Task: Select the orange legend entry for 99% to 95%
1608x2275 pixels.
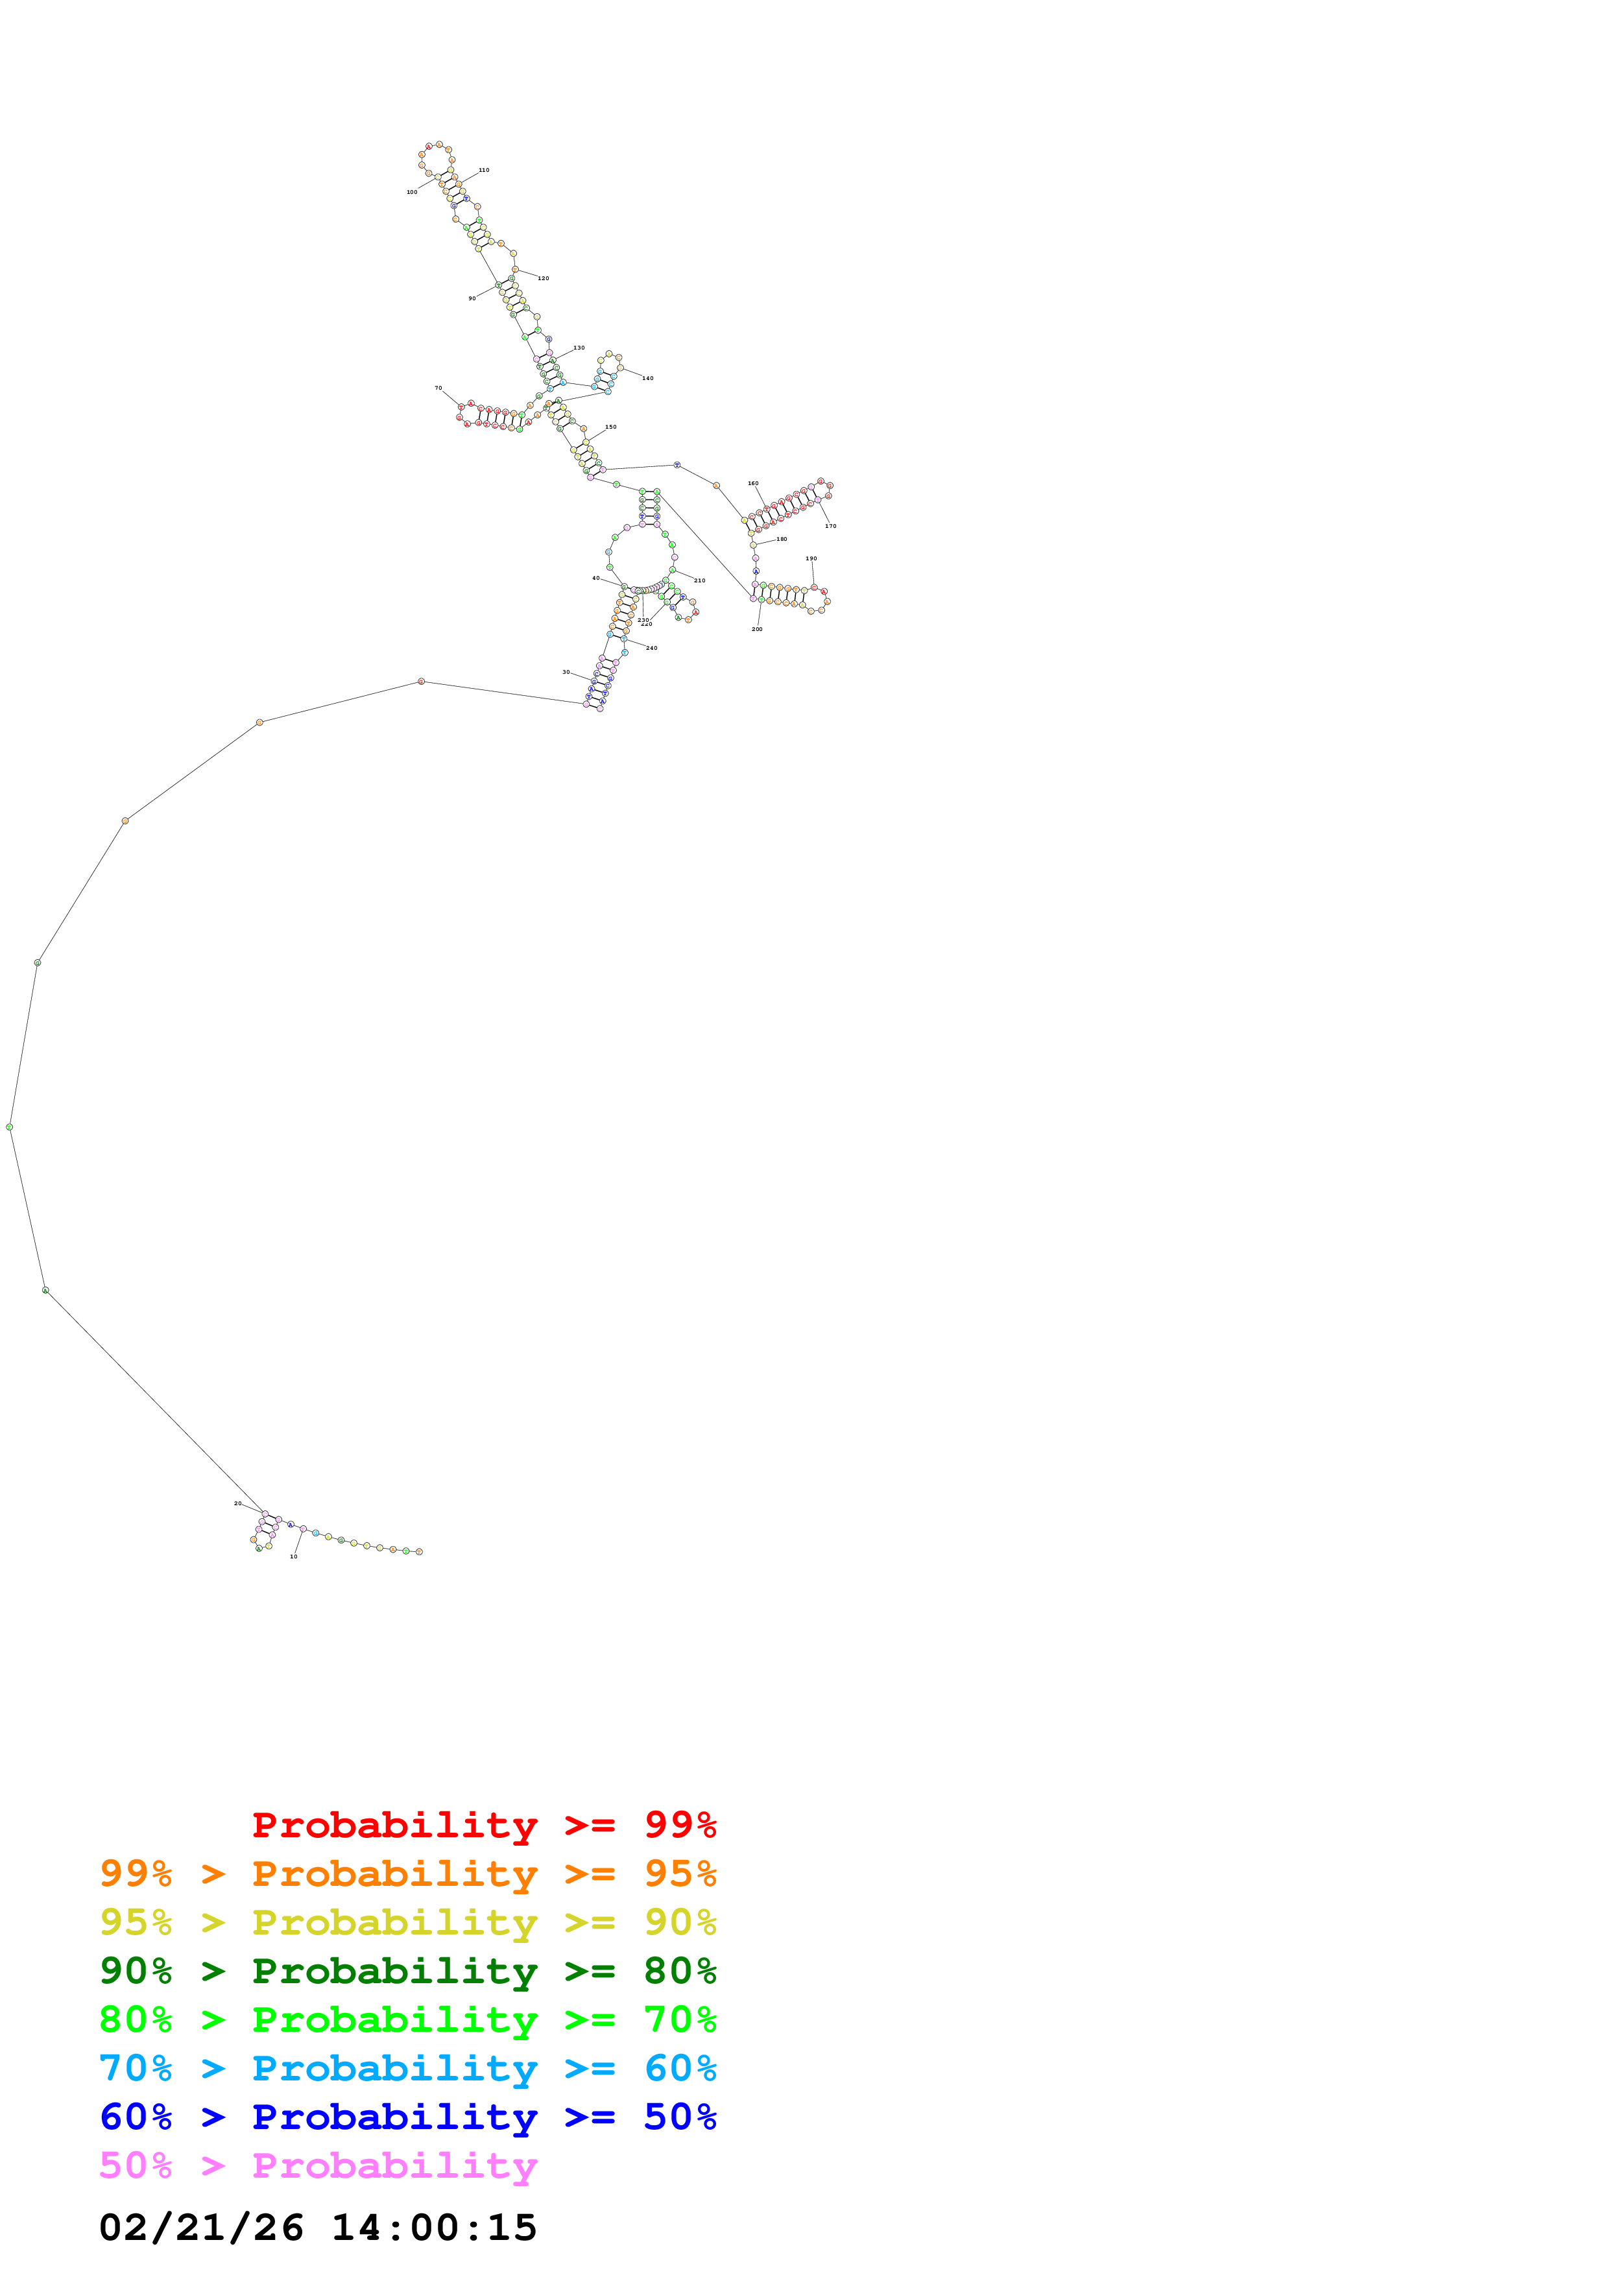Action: pyautogui.click(x=407, y=1874)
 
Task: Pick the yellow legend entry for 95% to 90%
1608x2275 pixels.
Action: pyautogui.click(x=407, y=1922)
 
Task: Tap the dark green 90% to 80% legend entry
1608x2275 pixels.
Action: pyautogui.click(x=407, y=1971)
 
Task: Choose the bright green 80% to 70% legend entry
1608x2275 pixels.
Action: pyautogui.click(x=407, y=2019)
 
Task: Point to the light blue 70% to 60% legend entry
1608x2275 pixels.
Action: pyautogui.click(x=407, y=2068)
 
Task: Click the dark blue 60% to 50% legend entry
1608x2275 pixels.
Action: pyautogui.click(x=407, y=2117)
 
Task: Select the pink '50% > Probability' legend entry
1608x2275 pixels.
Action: pyautogui.click(x=318, y=2165)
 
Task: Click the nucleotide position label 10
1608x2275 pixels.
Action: pyautogui.click(x=293, y=1556)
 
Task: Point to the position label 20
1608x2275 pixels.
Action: pyautogui.click(x=238, y=1503)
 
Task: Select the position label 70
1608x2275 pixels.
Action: pyautogui.click(x=438, y=388)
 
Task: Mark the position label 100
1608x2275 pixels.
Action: pyautogui.click(x=412, y=192)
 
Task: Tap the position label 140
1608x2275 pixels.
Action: pyautogui.click(x=648, y=379)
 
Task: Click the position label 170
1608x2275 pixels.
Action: pyautogui.click(x=830, y=526)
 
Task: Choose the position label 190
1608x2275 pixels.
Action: pyautogui.click(x=811, y=559)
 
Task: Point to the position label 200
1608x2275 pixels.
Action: pyautogui.click(x=757, y=629)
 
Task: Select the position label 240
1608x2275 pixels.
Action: pyautogui.click(x=651, y=648)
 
